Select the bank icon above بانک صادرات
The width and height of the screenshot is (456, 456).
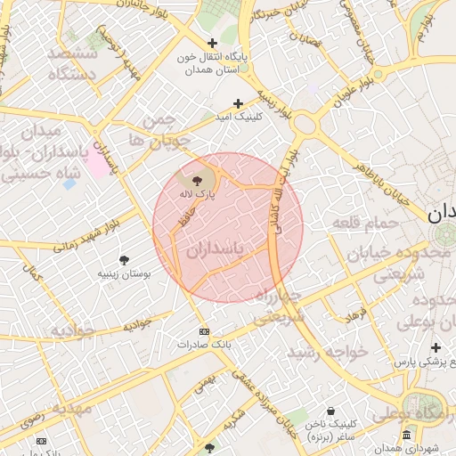click(x=203, y=329)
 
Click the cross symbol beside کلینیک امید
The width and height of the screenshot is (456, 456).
click(x=238, y=104)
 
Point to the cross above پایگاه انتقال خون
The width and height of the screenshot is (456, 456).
click(x=212, y=43)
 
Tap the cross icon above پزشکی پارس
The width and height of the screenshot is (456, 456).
click(x=436, y=347)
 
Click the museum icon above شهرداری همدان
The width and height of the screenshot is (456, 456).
click(x=406, y=435)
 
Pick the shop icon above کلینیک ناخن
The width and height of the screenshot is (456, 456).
click(x=331, y=411)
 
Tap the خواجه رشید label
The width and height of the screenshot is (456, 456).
click(x=335, y=353)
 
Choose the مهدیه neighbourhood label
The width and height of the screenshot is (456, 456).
click(x=71, y=411)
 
